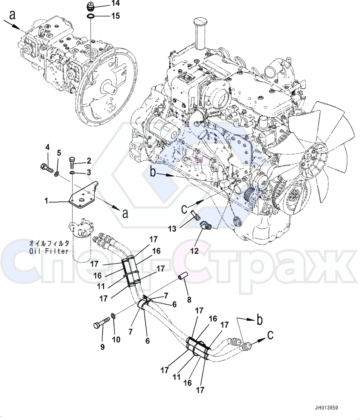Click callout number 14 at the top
click(115, 3)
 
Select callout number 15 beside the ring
click(115, 16)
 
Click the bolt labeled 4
click(46, 168)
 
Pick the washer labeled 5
click(57, 173)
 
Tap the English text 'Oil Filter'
click(49, 251)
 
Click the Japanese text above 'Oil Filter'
click(49, 243)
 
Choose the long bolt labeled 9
click(101, 322)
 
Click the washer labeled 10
click(113, 316)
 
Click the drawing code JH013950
click(326, 408)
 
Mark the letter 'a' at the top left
click(12, 15)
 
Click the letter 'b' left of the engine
click(153, 172)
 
